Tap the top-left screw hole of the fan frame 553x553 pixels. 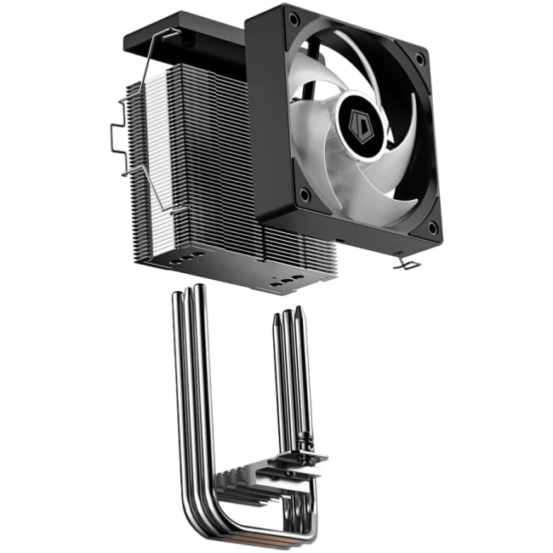[293, 19]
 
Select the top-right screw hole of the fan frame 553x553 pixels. [421, 59]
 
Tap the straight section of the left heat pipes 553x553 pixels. [189, 383]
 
